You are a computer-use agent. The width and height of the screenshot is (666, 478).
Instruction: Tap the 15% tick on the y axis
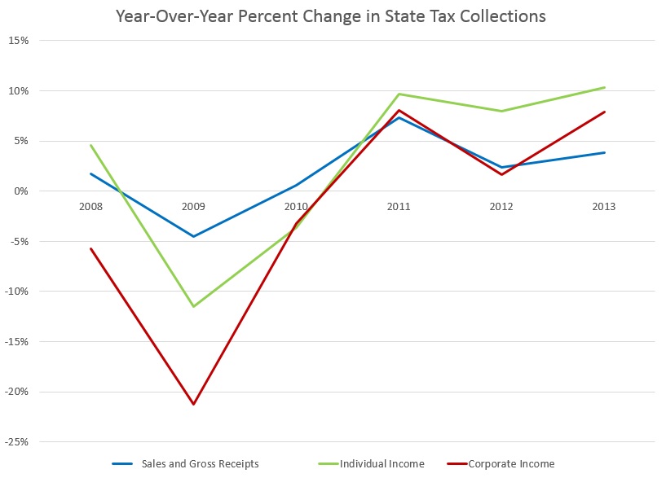point(18,40)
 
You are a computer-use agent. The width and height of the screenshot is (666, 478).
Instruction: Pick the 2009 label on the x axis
point(193,207)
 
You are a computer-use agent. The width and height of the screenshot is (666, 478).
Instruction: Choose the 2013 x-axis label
point(604,207)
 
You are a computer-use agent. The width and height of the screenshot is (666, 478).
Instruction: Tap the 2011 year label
point(399,207)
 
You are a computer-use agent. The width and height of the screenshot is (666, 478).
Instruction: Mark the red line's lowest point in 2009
point(193,404)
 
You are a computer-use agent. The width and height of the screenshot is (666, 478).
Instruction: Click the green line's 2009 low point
point(193,306)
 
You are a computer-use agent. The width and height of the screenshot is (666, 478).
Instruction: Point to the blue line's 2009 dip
point(193,236)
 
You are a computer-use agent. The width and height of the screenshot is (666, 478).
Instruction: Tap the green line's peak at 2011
point(399,94)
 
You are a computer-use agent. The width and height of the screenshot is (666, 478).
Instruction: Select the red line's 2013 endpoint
point(604,112)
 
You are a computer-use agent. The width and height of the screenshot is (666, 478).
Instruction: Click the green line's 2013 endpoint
point(604,87)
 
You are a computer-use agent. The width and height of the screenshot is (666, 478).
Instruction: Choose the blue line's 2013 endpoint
point(604,152)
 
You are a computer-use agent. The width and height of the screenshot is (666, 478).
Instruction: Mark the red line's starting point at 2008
point(90,248)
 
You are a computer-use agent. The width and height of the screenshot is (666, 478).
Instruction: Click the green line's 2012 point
point(501,111)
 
